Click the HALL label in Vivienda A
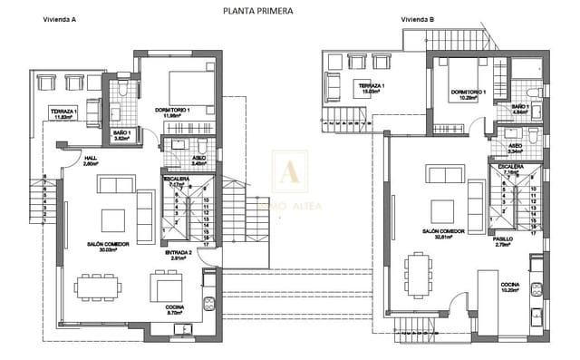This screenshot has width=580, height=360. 91,158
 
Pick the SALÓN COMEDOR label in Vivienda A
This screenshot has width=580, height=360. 108,244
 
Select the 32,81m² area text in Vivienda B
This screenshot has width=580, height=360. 442,238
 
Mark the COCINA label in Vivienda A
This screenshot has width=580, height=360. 175,307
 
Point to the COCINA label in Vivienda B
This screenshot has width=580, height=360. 509,286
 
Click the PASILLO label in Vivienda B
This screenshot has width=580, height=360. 503,239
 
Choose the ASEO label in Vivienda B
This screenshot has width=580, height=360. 515,146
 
